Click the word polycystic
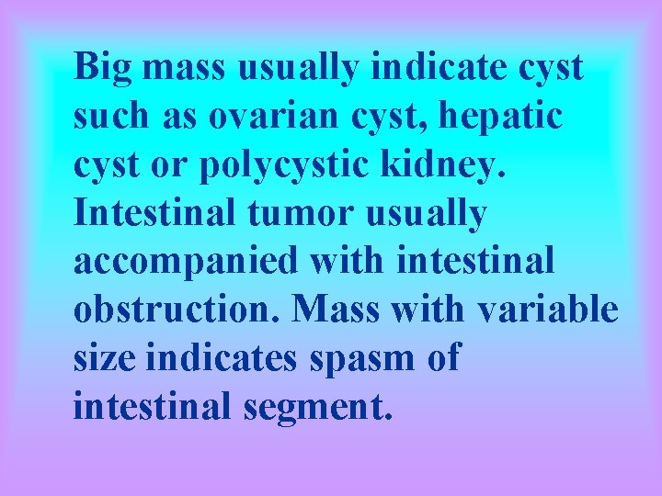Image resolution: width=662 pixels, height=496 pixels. coord(314,165)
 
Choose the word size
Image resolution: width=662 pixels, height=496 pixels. coord(103,358)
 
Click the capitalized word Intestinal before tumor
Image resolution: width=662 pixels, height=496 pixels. coord(147,213)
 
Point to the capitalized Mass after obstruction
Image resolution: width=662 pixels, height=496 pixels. coord(335,310)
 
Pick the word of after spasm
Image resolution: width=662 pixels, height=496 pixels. coord(442,358)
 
